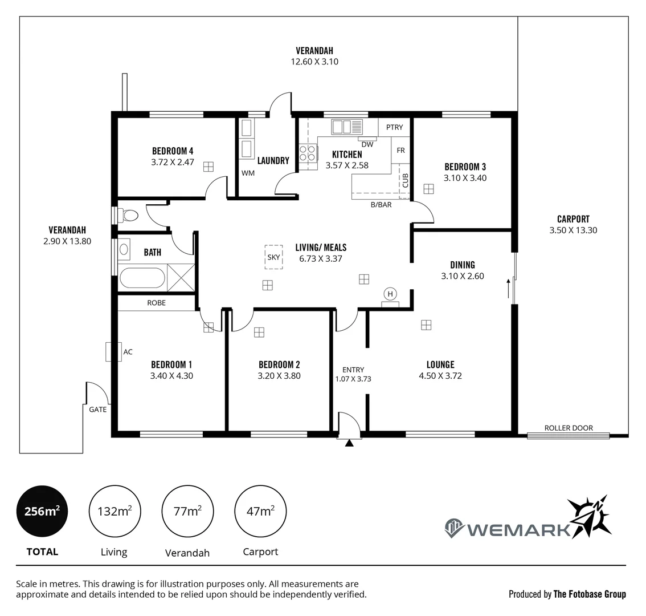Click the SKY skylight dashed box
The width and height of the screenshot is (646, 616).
(x=273, y=257)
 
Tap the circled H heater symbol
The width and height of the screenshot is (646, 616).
(x=390, y=294)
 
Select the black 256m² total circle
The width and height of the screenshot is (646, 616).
(x=42, y=511)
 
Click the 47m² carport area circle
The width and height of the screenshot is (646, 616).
(x=260, y=511)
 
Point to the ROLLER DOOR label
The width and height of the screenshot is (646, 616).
(x=568, y=428)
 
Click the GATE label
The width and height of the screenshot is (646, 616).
(x=97, y=409)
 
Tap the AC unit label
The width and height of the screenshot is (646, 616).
(x=128, y=352)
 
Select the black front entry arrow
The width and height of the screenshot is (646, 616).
(x=349, y=441)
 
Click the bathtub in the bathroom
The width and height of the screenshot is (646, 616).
(x=142, y=278)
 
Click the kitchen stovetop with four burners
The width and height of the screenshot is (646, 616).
(x=308, y=153)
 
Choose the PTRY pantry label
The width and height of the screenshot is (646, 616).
(x=394, y=127)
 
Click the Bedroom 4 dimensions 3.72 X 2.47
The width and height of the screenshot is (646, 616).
(x=173, y=162)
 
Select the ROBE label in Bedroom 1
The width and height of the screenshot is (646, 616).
(x=156, y=303)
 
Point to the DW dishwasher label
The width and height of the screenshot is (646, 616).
(x=367, y=144)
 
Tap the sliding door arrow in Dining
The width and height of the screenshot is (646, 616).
(x=508, y=288)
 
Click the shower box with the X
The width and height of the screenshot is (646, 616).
(x=182, y=278)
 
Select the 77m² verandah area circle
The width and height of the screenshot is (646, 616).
(x=187, y=511)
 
